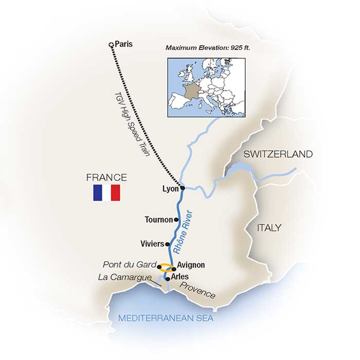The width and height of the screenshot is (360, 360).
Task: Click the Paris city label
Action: [123, 44]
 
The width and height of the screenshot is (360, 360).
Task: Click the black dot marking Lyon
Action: [182, 188]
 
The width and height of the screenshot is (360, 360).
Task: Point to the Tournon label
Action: [159, 220]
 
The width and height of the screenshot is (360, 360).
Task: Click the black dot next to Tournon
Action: [176, 220]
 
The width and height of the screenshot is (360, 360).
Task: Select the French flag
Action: [106, 193]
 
